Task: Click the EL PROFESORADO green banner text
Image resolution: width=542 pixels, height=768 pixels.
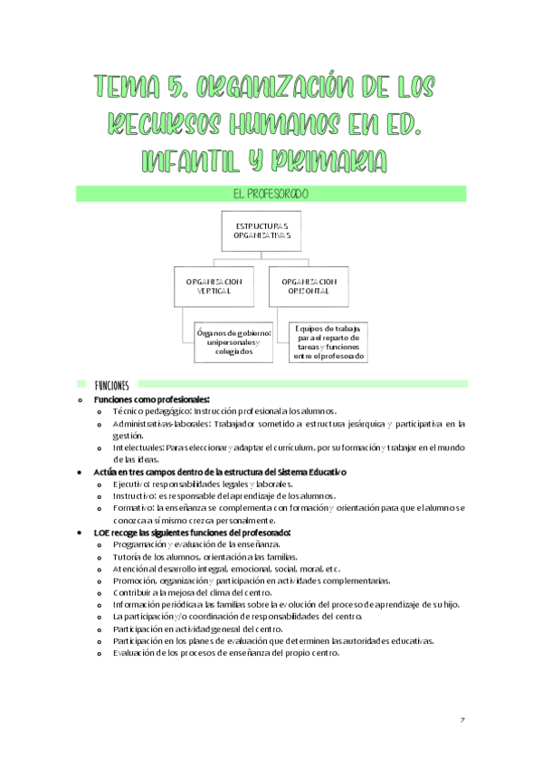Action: click(x=271, y=193)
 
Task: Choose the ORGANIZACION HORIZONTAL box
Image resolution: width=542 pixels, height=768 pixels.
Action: click(x=309, y=286)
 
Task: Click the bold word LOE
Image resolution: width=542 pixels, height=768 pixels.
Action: click(x=103, y=533)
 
